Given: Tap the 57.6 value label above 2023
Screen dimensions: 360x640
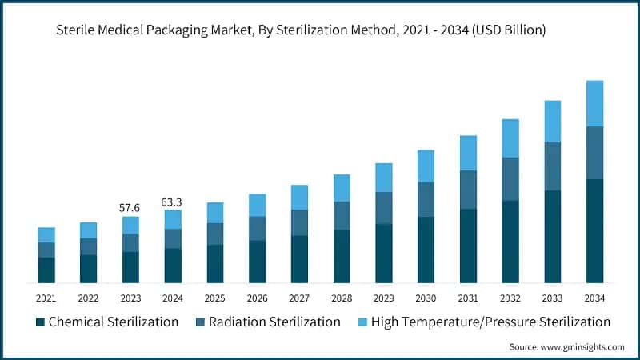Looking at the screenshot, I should click(130, 208).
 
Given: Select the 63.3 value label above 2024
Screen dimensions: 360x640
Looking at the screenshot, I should click(172, 202).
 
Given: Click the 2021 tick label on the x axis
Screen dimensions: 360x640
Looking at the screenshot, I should click(46, 298).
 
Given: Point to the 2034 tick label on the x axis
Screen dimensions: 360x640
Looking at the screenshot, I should click(594, 298).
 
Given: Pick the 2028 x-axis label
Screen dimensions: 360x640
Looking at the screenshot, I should click(341, 298).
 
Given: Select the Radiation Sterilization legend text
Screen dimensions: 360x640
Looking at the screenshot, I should click(274, 322).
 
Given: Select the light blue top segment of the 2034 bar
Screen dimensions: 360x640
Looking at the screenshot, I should click(594, 103).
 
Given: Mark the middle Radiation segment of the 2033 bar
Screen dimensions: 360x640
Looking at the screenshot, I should click(552, 166).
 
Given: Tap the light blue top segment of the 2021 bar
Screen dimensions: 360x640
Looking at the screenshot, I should click(46, 234).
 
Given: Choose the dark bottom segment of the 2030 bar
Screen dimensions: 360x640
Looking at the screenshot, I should click(426, 250).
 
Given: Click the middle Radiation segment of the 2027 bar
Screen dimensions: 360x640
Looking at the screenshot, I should click(299, 222).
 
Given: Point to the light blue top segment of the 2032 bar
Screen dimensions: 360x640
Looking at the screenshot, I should click(510, 138).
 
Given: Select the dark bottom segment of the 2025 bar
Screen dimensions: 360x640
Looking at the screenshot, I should click(214, 263).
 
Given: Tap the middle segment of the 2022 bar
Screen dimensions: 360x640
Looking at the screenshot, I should click(88, 246).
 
